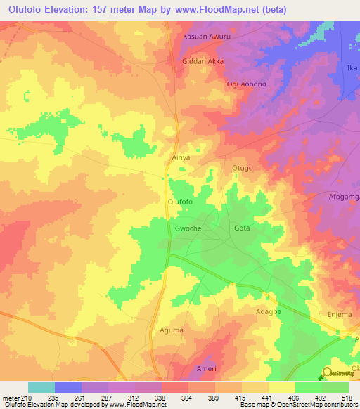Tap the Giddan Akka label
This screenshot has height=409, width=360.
tap(202, 61)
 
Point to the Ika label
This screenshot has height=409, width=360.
tap(352, 68)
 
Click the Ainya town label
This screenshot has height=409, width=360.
tap(181, 158)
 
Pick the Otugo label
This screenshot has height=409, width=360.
tap(242, 169)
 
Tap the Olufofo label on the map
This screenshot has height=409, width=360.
tap(180, 202)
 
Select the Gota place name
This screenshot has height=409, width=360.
tap(242, 229)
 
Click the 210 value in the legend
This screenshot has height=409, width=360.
tap(26, 398)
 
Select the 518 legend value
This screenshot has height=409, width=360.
tap(345, 398)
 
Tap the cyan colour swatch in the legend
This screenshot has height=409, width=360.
tap(41, 387)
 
